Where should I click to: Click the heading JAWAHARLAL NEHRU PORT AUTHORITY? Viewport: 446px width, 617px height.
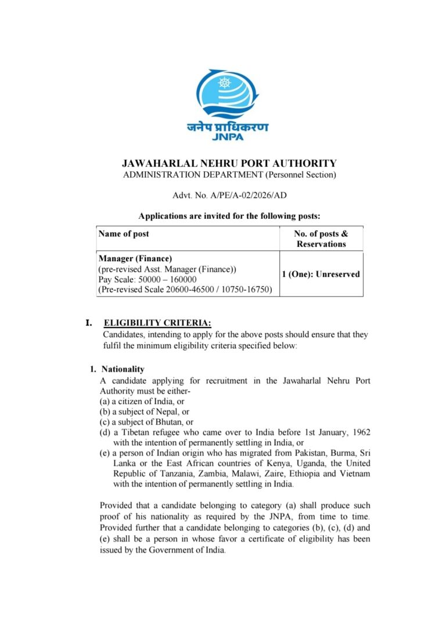coord(229,164)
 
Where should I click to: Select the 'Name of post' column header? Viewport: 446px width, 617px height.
coord(124,234)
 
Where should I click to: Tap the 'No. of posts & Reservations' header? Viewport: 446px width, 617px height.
coord(321,239)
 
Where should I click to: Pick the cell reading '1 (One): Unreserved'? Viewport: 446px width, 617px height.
coord(321,274)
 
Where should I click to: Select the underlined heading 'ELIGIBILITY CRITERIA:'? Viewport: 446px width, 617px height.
coord(157,323)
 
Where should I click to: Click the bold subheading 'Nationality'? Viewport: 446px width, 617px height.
coord(123,369)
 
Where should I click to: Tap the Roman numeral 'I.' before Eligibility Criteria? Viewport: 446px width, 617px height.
coord(89,323)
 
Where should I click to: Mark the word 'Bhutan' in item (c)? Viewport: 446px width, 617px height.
coord(169,422)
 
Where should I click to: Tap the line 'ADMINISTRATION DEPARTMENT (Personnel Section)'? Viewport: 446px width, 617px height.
coord(229,175)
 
